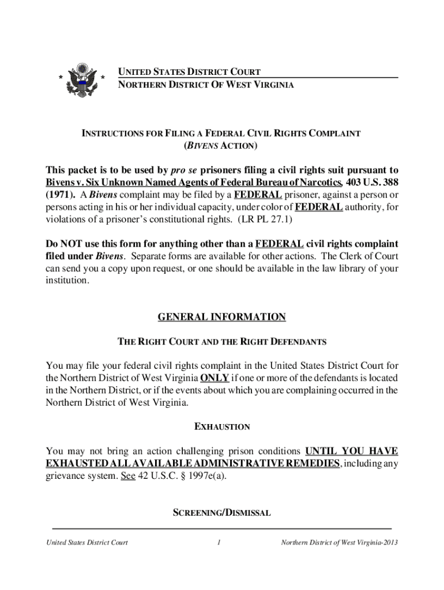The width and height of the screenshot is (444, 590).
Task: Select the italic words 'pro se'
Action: point(185,170)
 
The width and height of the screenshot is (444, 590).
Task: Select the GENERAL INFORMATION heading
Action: point(221,317)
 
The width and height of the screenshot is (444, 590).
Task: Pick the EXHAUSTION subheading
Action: point(221,427)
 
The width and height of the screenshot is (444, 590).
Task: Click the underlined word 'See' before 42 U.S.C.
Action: point(128,476)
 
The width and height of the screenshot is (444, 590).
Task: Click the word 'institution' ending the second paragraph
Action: point(67,281)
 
